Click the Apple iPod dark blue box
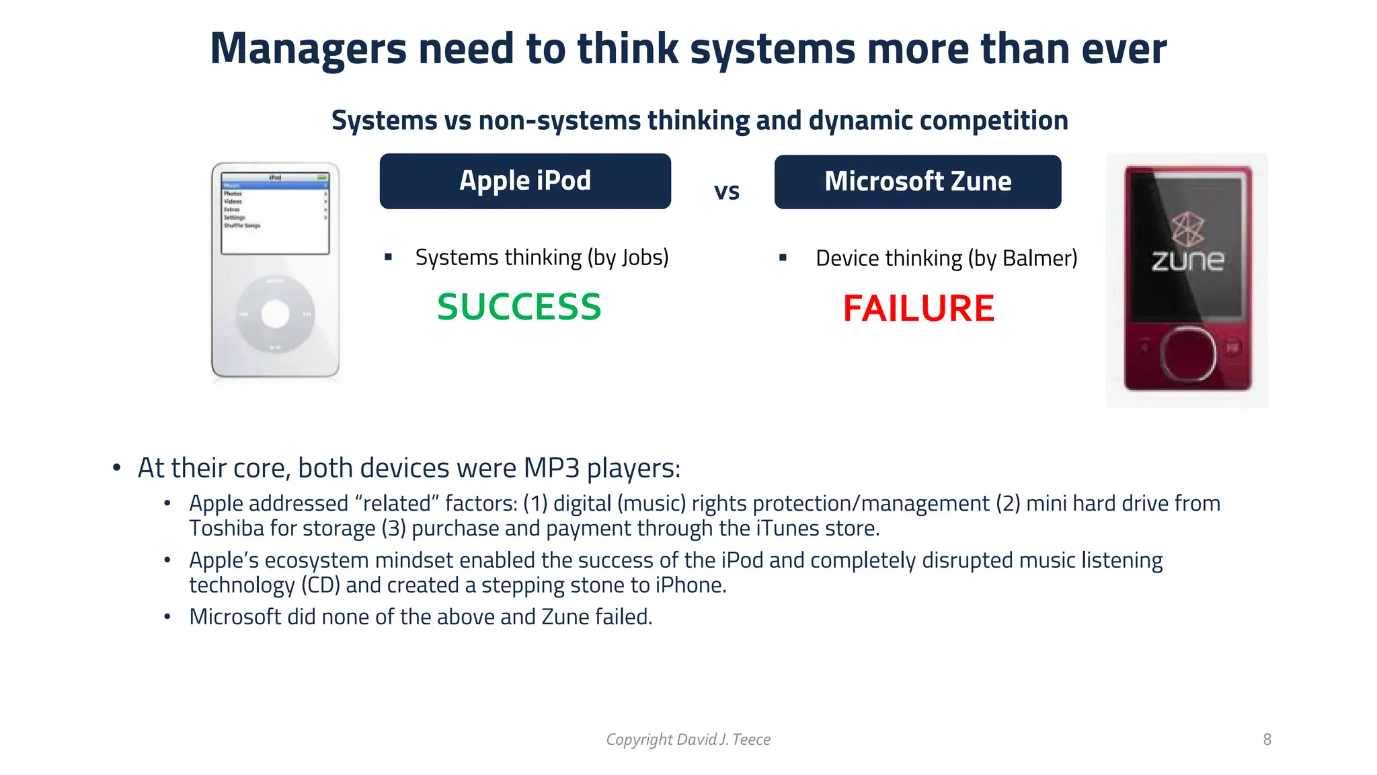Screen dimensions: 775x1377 point(524,181)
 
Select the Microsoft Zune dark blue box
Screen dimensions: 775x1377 point(917,182)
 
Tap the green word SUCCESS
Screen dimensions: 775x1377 point(519,307)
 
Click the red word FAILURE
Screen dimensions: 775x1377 point(918,308)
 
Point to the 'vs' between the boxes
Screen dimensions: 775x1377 point(726,192)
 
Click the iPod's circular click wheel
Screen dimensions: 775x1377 point(275,314)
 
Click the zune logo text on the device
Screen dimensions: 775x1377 point(1187,261)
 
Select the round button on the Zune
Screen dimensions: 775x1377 point(1187,353)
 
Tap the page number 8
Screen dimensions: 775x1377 point(1267,739)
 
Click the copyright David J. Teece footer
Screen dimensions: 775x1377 point(688,739)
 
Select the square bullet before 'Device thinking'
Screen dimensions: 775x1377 point(783,258)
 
